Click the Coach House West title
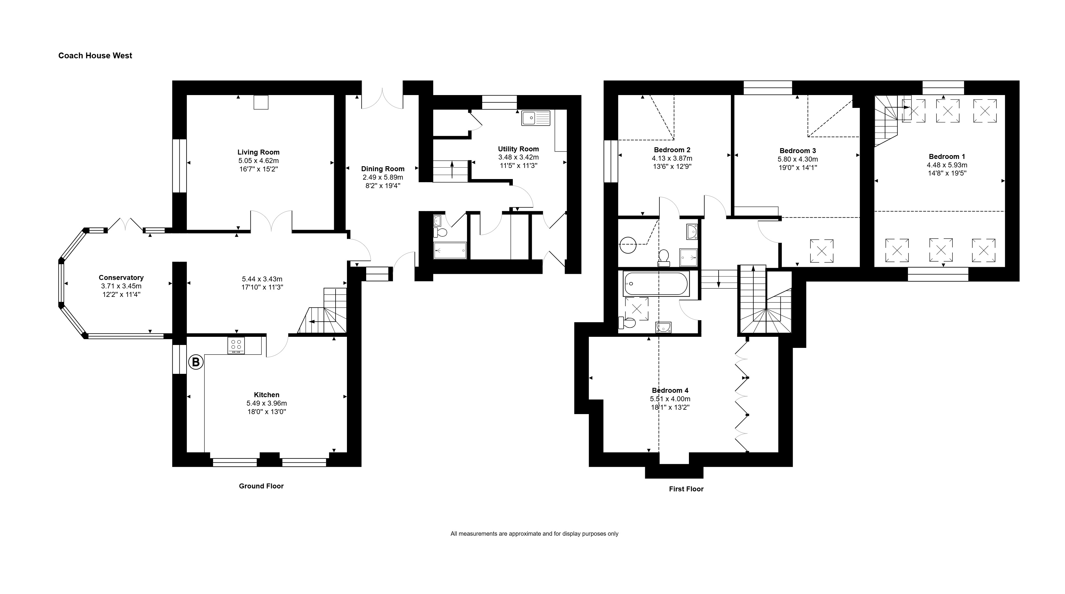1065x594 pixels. (95, 55)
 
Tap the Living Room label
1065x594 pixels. (258, 152)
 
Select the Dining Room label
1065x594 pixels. (383, 169)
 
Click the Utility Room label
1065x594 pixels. (518, 149)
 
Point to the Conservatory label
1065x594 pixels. (121, 278)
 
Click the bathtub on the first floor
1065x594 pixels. (656, 284)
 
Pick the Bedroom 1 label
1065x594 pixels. (947, 156)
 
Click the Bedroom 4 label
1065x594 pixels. (670, 390)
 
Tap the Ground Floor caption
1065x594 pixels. (261, 486)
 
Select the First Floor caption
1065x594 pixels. (686, 489)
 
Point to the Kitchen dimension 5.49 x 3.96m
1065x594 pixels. (267, 403)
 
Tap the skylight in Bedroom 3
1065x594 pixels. (822, 251)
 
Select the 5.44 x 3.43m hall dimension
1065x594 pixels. (262, 279)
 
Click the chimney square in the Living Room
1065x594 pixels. (261, 102)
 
